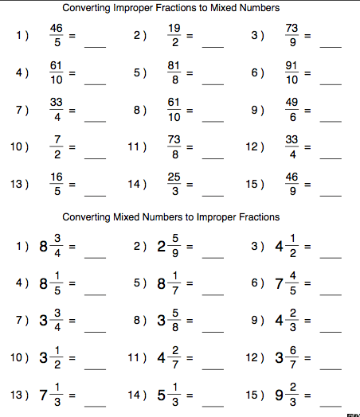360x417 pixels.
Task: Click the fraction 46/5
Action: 54,36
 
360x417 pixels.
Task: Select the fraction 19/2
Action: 173,36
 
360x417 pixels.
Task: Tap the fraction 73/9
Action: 291,36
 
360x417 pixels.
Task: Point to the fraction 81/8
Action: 173,73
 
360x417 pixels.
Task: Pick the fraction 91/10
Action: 291,73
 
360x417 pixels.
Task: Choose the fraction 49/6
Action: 291,110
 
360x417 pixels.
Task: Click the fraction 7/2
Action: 54,147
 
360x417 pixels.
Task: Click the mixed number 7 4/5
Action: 286,283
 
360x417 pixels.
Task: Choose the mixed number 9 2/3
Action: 286,395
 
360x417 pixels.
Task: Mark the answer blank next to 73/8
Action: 213,155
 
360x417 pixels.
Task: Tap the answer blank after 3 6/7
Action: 331,365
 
